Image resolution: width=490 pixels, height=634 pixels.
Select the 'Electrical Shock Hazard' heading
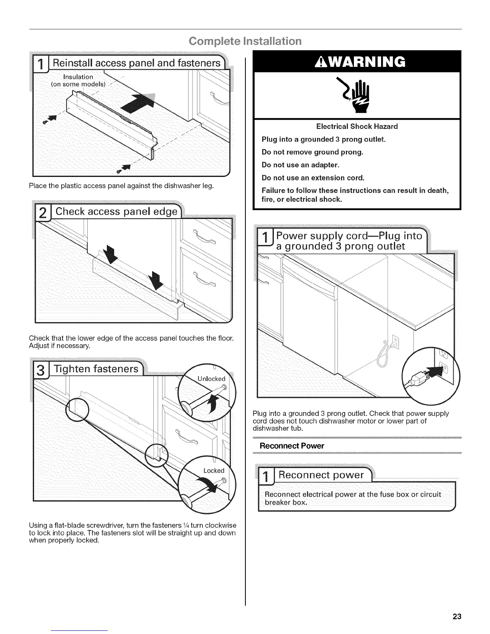[357, 126]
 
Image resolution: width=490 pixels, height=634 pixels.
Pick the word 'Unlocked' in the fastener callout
[212, 379]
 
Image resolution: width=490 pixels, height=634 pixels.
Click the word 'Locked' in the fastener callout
[214, 471]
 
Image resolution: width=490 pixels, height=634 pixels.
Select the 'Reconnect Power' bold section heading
[292, 446]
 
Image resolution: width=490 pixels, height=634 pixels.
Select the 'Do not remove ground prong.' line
[312, 152]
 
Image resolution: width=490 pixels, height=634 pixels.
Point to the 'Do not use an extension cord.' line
[313, 178]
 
